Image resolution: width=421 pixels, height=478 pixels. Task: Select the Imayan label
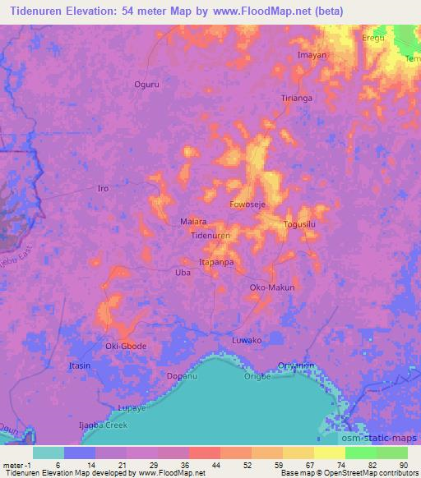312,55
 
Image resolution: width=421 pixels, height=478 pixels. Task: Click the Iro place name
103,188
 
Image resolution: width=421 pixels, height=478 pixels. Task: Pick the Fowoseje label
247,205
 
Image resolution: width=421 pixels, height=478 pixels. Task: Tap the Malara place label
192,222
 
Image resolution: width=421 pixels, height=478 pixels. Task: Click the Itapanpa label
216,262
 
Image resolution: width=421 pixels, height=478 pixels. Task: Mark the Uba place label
183,272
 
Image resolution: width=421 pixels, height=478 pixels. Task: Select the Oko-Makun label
271,287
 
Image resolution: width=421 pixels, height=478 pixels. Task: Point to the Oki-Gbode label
125,346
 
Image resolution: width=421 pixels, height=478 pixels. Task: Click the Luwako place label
247,339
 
